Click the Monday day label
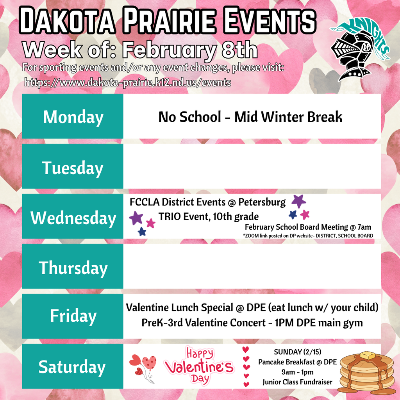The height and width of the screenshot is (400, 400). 73,117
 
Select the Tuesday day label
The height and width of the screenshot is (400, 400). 73,168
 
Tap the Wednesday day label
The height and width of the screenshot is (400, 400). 73,218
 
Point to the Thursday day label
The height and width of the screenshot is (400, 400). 73,268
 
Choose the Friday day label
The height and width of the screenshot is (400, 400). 73,316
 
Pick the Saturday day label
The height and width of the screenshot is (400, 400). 72,367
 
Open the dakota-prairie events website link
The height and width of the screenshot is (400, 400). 128,83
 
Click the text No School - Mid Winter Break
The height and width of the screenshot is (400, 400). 250,117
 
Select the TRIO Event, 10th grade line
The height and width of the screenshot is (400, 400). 208,216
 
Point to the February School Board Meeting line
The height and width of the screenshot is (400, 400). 308,227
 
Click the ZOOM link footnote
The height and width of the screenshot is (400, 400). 308,236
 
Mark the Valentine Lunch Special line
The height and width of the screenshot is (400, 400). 252,308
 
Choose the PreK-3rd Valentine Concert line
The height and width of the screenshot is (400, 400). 252,323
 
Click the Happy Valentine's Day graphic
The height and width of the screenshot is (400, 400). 199,366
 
